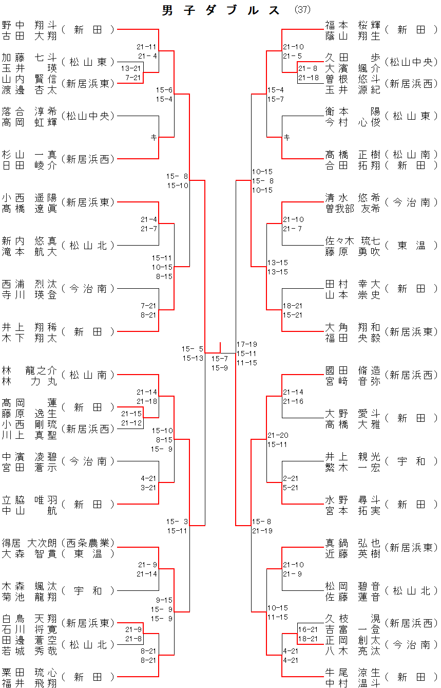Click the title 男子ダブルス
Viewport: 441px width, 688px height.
(221, 10)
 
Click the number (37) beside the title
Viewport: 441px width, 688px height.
(303, 10)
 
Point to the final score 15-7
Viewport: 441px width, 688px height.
(220, 358)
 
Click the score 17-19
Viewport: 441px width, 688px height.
(247, 344)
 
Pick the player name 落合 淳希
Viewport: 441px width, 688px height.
(29, 111)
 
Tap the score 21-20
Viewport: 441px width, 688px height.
(278, 435)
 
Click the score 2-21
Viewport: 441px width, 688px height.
(291, 478)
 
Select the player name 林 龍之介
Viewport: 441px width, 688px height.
(29, 370)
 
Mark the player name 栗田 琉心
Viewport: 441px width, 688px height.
(29, 672)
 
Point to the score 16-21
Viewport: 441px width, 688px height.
(308, 629)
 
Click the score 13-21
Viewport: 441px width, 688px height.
(131, 68)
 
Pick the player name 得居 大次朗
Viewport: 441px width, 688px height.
(29, 543)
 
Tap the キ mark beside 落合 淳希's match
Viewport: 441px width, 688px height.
(153, 137)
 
